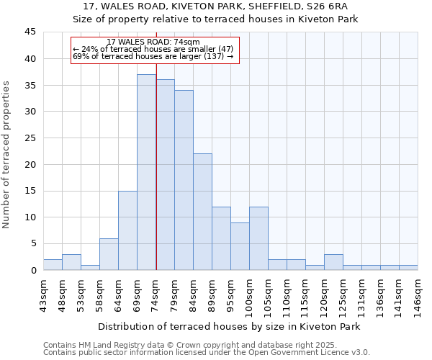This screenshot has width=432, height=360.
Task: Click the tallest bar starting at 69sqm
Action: click(x=146, y=173)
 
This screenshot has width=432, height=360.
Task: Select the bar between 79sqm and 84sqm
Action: click(x=184, y=180)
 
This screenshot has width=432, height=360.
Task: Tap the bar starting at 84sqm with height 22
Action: click(x=202, y=212)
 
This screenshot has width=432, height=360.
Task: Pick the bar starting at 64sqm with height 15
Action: click(x=127, y=230)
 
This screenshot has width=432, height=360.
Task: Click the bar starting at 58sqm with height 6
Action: click(x=109, y=254)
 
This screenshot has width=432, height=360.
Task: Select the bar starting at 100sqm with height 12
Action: click(x=258, y=238)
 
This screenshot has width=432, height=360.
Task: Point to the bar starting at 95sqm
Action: click(x=240, y=246)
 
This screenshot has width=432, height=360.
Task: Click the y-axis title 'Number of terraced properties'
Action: click(x=7, y=155)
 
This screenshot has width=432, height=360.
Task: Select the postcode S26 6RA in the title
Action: click(x=324, y=6)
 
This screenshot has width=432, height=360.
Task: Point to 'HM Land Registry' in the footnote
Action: click(x=108, y=345)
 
